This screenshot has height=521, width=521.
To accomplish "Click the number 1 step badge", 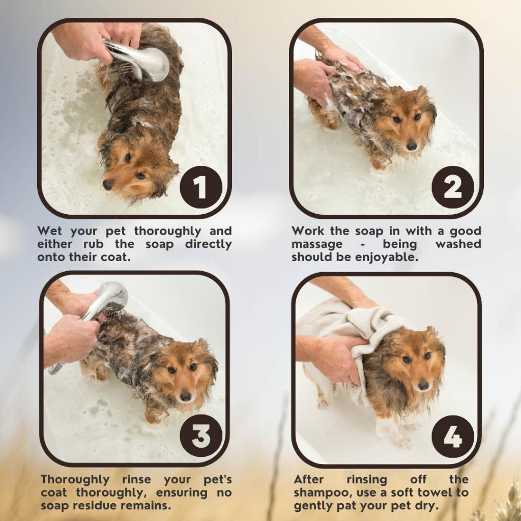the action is click(x=201, y=187).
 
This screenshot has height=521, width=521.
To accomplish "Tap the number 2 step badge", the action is click(x=453, y=187).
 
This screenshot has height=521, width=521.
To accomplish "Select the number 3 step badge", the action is click(x=201, y=436).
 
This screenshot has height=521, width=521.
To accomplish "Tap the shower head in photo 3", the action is click(x=106, y=299).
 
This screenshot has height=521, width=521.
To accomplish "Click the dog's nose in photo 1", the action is click(x=107, y=185).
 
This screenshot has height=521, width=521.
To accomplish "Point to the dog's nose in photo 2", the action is click(x=412, y=145).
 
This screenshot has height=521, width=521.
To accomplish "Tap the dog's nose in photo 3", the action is click(x=185, y=396).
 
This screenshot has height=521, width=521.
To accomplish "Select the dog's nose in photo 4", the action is click(x=423, y=385).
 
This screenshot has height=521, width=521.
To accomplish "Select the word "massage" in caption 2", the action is click(x=317, y=245).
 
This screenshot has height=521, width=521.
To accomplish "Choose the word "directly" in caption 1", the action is click(x=208, y=245).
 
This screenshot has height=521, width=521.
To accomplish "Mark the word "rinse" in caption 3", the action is click(x=136, y=479).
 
